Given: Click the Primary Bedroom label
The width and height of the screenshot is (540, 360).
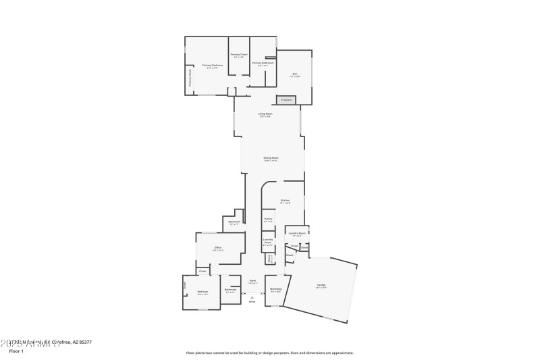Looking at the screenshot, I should click(212, 66).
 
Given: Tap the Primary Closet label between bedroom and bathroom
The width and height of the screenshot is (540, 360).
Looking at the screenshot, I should click(239, 55).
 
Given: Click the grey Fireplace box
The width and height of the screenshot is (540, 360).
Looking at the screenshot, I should click(286, 100).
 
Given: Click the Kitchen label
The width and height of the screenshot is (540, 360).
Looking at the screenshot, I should click(285, 200).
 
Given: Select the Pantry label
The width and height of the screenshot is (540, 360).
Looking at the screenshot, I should click(268, 219).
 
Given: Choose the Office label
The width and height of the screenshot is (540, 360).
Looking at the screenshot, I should click(218, 248).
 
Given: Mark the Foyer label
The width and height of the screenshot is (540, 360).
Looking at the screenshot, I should click(252, 280).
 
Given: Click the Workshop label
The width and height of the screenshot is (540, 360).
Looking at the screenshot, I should click(275, 289).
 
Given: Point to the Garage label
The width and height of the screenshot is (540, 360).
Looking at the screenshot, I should click(321, 285).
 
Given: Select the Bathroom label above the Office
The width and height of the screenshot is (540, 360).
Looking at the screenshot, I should click(234, 222).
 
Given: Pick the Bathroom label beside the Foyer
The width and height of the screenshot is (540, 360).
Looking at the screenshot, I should click(231, 290).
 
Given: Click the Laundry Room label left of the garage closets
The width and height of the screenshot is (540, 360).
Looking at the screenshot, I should click(297, 233).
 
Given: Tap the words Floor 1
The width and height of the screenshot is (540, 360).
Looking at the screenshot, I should click(16, 351).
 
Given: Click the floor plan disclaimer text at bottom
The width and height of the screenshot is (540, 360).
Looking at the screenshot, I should click(269, 353).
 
